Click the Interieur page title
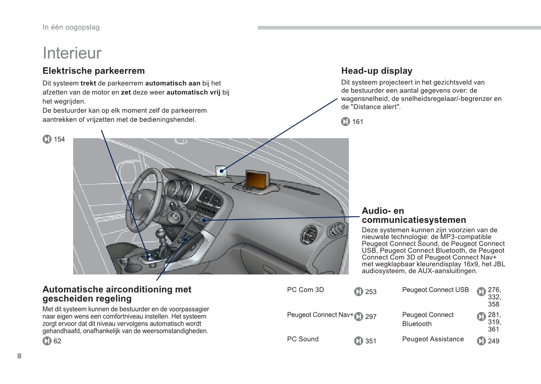click(72, 53)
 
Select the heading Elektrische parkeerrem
click(94, 71)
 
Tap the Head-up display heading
click(377, 71)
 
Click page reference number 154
click(60, 139)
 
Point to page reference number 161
click(358, 121)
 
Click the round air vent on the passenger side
click(309, 234)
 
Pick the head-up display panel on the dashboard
click(221, 170)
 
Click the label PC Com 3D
click(305, 290)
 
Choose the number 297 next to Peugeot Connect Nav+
click(371, 317)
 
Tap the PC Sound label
click(303, 339)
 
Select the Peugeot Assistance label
click(433, 339)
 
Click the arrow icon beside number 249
click(481, 341)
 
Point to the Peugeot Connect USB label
click(436, 290)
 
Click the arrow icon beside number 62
click(47, 341)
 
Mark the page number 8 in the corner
click(20, 356)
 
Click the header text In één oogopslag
click(71, 27)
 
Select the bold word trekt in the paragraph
click(88, 83)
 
